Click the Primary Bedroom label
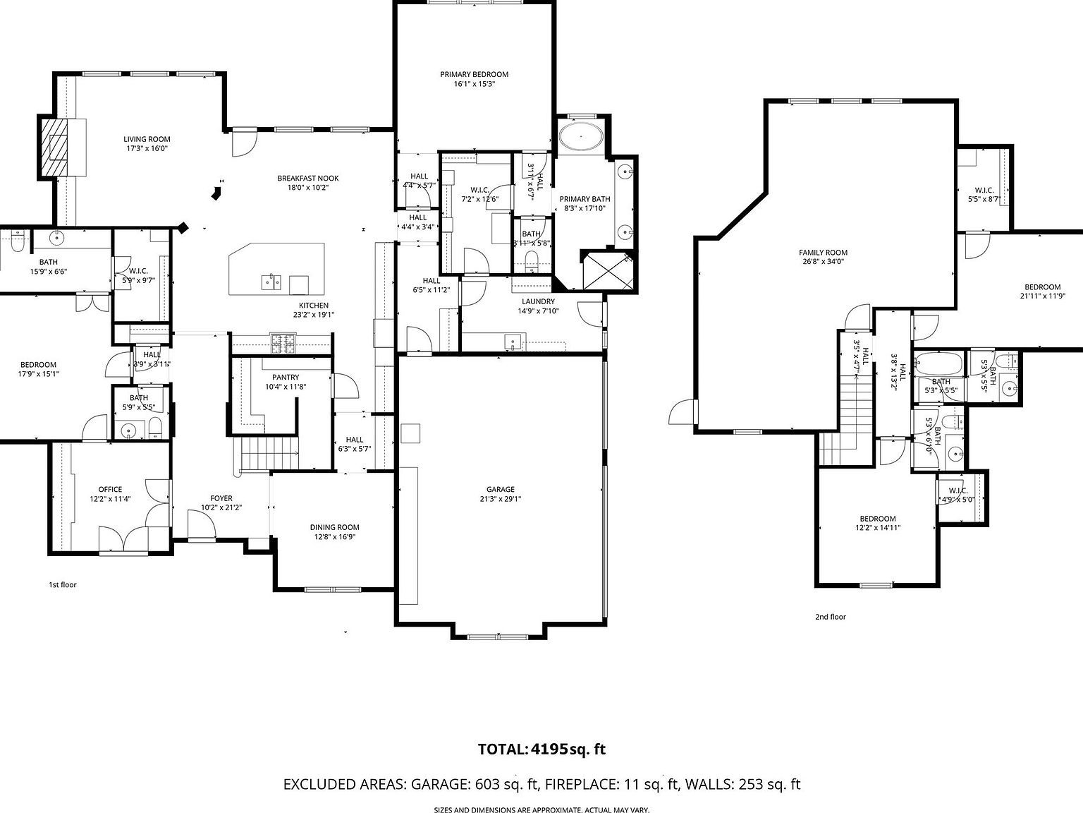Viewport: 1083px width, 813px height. (474, 74)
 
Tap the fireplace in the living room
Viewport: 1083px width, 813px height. (63, 147)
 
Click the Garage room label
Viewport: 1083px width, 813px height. (500, 489)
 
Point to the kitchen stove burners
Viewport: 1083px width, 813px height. (283, 343)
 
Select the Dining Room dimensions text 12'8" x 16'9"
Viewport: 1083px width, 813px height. (335, 536)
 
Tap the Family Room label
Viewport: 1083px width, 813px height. (823, 252)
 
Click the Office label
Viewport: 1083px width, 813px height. (110, 489)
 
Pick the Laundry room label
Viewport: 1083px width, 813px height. (538, 301)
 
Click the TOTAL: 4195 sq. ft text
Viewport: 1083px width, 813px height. (541, 749)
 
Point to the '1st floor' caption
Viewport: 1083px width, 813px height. (62, 584)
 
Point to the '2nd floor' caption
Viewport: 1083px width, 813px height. (830, 617)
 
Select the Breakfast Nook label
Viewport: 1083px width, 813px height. (308, 179)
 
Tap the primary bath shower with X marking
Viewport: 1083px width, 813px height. (606, 270)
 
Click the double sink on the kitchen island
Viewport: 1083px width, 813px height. (271, 282)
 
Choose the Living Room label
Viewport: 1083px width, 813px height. (147, 139)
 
